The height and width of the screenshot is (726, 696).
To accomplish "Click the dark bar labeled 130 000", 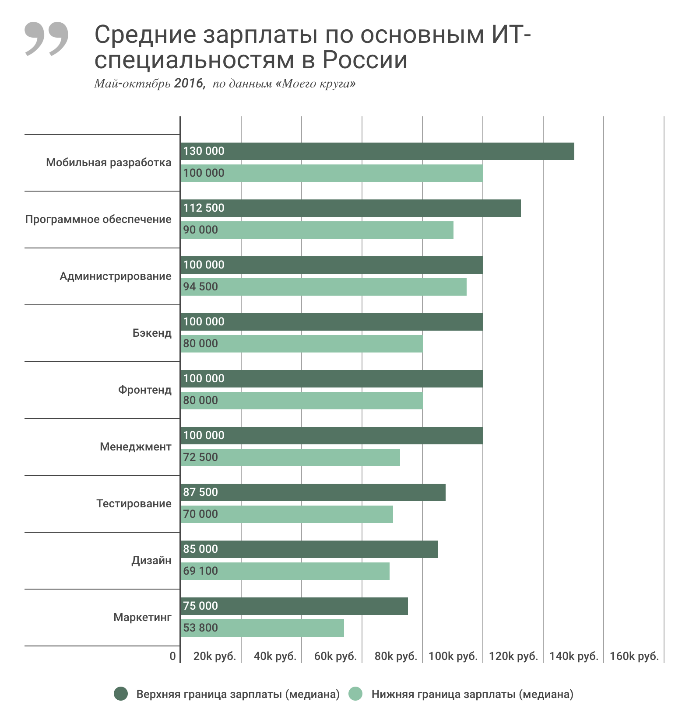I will click(x=377, y=151).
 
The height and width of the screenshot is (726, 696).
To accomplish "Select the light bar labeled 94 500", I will click(x=323, y=287).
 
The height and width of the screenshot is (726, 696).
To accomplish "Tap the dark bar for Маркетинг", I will click(x=294, y=606).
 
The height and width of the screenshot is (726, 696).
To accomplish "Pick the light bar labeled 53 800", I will click(x=262, y=628).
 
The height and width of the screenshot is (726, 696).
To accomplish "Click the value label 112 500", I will click(x=204, y=208).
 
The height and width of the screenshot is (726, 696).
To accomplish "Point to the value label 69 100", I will click(x=200, y=571).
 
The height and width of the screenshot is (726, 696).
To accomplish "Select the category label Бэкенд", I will click(x=152, y=333).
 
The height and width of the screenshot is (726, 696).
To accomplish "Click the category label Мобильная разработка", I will click(x=109, y=163).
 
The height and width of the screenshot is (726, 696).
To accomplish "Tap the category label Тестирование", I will click(x=134, y=504).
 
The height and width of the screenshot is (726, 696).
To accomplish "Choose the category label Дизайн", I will click(x=151, y=561).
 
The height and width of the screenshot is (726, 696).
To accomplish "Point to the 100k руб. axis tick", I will click(x=453, y=656).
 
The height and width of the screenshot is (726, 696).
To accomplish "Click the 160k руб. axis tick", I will click(x=634, y=656).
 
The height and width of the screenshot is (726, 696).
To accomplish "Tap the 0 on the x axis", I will click(x=172, y=656).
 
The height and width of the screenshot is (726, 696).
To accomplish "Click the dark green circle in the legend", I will click(x=121, y=694).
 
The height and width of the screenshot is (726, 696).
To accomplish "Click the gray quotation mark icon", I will click(x=46, y=38).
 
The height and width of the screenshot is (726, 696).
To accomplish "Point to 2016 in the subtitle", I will click(x=189, y=83).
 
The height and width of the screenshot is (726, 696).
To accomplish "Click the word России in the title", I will click(x=365, y=60).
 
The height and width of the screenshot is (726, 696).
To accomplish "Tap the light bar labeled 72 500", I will click(x=290, y=457).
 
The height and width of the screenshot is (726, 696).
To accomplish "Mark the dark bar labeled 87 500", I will click(x=313, y=492).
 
